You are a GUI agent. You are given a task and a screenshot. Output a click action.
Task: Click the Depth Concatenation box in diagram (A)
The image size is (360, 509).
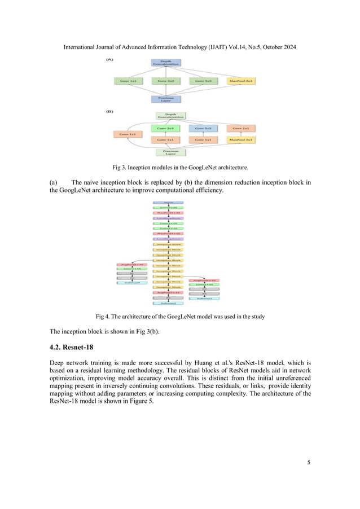click(x=165, y=63)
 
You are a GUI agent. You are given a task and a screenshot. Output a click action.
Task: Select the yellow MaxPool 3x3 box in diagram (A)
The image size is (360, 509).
click(x=242, y=81)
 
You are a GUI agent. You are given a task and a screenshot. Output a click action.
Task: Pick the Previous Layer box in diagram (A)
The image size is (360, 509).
click(x=165, y=99)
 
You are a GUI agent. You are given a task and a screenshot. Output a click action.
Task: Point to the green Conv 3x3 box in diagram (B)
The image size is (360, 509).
click(x=165, y=128)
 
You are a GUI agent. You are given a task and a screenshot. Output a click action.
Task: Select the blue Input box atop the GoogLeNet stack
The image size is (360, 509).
click(x=168, y=202)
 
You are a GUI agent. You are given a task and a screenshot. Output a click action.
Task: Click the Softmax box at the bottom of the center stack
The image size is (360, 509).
click(x=168, y=303)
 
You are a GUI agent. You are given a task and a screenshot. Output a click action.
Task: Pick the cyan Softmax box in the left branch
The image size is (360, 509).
click(x=130, y=283)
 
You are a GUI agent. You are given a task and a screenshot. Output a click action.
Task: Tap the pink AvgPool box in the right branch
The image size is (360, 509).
click(x=205, y=280)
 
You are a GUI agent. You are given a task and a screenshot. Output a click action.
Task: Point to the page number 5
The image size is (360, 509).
click(x=309, y=463)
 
